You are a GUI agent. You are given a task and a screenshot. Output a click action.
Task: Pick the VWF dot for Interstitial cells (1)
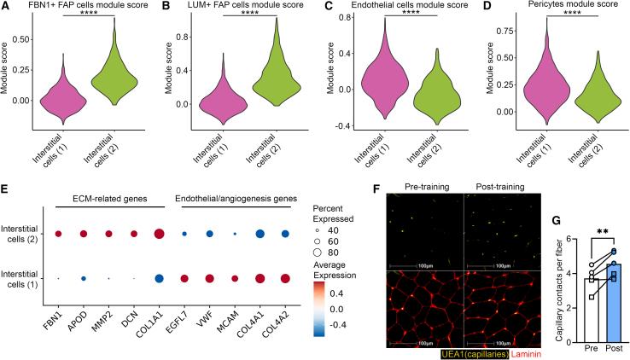209,278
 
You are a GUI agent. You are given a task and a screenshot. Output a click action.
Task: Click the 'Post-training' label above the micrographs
500,184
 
